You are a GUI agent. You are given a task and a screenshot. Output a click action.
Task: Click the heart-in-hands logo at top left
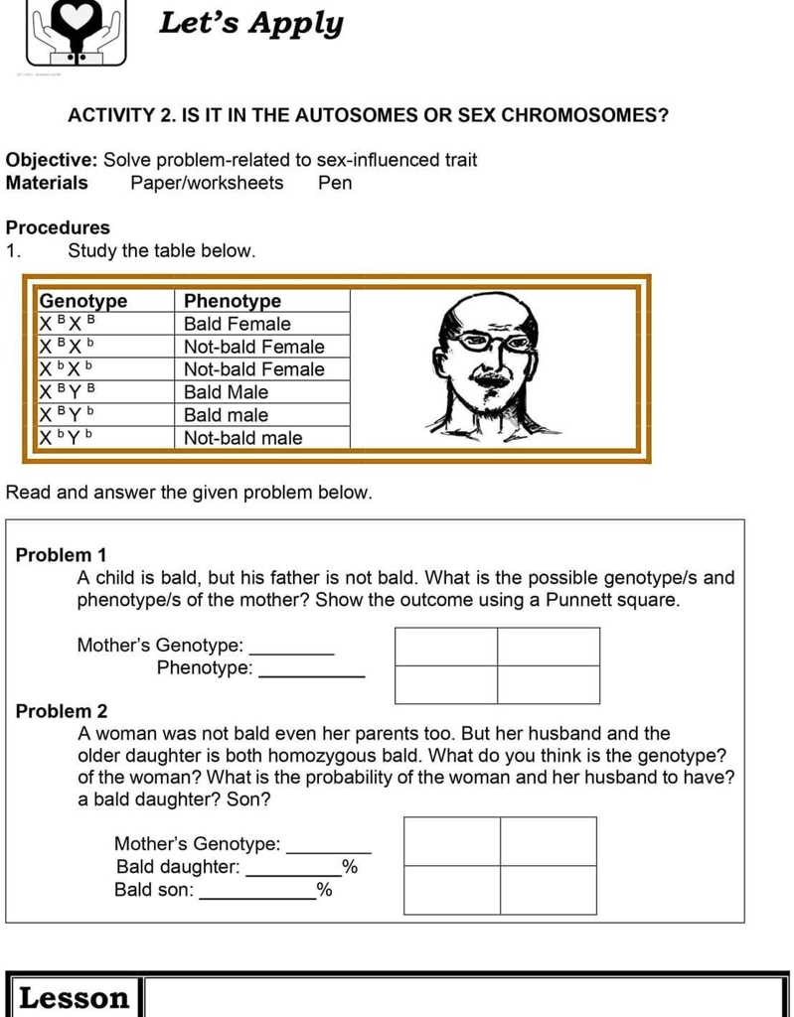click(x=77, y=32)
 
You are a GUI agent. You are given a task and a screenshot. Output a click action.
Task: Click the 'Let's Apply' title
click(x=250, y=24)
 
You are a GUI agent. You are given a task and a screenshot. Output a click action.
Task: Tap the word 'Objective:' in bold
click(x=52, y=160)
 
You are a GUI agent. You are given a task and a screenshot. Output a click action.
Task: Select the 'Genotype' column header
click(x=83, y=301)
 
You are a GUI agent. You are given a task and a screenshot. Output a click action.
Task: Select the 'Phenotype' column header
click(x=233, y=301)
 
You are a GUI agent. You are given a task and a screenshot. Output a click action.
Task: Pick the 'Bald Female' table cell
click(x=238, y=324)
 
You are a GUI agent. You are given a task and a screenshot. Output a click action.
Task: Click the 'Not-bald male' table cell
click(x=243, y=438)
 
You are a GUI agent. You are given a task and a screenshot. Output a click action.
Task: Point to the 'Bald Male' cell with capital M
click(x=227, y=392)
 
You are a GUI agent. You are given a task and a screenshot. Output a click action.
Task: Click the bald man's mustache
click(x=491, y=378)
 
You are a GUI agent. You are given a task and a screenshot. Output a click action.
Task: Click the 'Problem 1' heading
click(x=62, y=555)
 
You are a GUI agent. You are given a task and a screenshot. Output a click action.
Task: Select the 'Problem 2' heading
click(x=62, y=711)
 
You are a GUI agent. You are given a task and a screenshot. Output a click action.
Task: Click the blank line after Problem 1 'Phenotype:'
click(x=311, y=675)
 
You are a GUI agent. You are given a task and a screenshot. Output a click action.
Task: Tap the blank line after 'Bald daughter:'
click(x=293, y=874)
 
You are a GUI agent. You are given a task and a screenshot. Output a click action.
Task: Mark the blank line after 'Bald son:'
click(x=257, y=897)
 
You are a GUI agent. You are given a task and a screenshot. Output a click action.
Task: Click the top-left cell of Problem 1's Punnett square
click(x=446, y=647)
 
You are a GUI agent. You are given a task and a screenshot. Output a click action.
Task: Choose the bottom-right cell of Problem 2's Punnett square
click(x=549, y=890)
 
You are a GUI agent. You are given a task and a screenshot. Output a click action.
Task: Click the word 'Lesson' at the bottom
click(x=75, y=997)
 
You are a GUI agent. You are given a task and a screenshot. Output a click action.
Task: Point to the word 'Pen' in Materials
click(x=335, y=183)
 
